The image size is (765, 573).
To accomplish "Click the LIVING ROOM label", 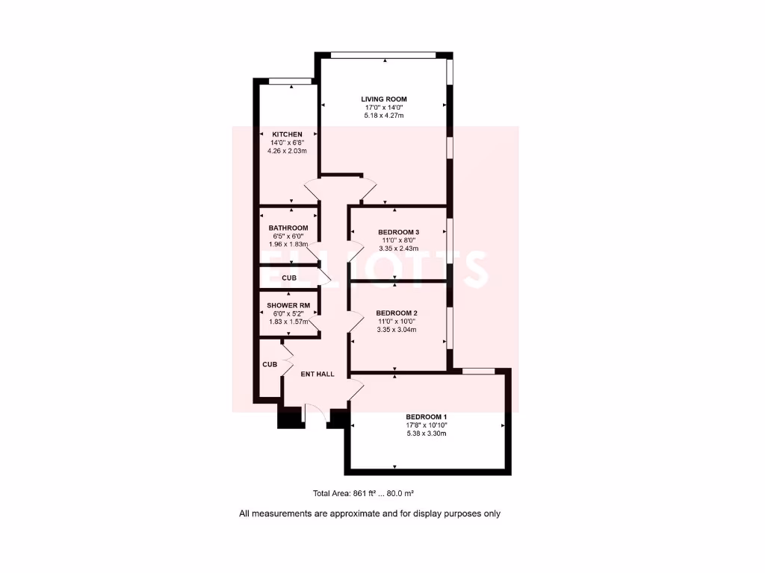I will [x=384, y=99].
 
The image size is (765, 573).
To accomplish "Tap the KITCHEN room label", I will [x=287, y=134].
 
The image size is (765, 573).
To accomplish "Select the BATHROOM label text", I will [x=288, y=228].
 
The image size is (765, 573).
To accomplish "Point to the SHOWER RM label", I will [x=288, y=306].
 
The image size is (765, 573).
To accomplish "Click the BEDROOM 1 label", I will [x=427, y=417].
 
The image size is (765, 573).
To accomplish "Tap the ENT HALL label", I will [x=318, y=374].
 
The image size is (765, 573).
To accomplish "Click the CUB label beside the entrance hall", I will [x=269, y=365].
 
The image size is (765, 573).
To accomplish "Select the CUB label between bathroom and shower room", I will [x=289, y=278].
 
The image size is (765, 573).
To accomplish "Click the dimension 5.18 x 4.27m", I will [x=384, y=116].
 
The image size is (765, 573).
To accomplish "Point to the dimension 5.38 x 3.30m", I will [x=427, y=433].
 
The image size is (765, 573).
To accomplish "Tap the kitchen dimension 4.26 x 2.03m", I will [x=287, y=151].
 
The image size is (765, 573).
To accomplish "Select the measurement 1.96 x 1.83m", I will [x=288, y=244].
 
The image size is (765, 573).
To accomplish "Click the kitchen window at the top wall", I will [x=290, y=81].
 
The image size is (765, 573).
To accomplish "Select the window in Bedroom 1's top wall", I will [x=478, y=371].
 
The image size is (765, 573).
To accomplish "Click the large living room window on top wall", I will [x=383, y=54].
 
